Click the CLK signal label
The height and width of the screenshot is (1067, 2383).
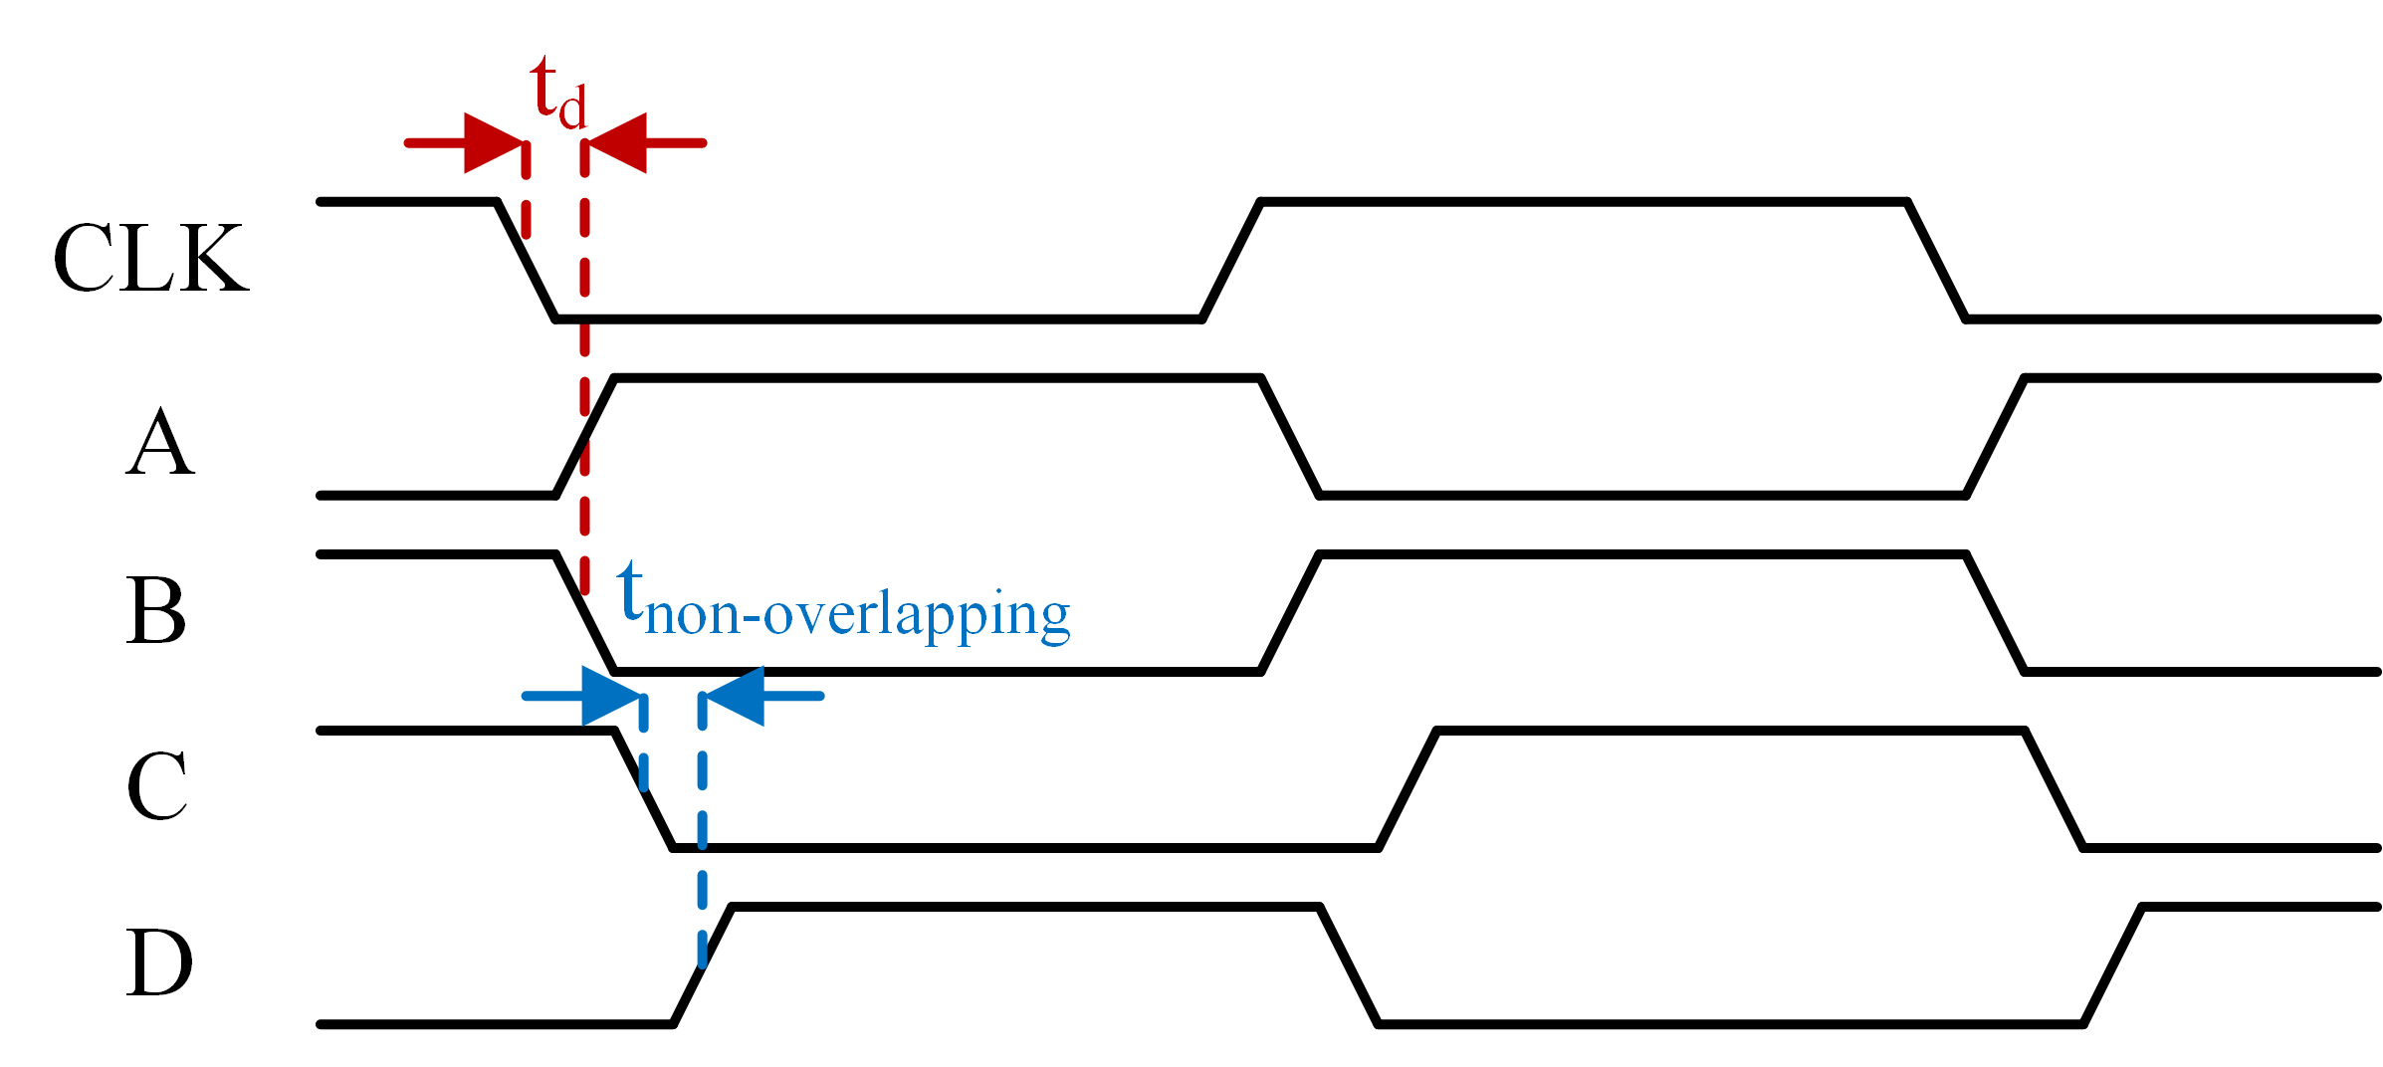[x=150, y=259]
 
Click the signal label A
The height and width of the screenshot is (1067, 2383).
[x=160, y=443]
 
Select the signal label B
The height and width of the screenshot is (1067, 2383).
[x=156, y=610]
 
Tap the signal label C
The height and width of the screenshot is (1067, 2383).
[x=157, y=786]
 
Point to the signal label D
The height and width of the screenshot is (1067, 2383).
[x=158, y=962]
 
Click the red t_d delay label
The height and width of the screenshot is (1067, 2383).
[x=557, y=95]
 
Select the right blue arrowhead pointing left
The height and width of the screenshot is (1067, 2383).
[x=735, y=696]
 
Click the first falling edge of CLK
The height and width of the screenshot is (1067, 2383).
[x=527, y=261]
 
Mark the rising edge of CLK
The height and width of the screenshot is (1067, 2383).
[x=1231, y=261]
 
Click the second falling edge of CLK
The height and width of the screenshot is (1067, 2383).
[x=1937, y=261]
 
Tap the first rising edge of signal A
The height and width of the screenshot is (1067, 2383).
[x=585, y=437]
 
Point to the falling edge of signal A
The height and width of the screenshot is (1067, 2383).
[x=1290, y=437]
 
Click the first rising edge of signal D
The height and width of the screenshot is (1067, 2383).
[x=703, y=965]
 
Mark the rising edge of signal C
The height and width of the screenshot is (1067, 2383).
[x=1408, y=789]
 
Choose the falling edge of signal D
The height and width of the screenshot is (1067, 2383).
[x=1349, y=965]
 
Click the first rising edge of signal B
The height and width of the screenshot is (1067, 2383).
[x=1290, y=613]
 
